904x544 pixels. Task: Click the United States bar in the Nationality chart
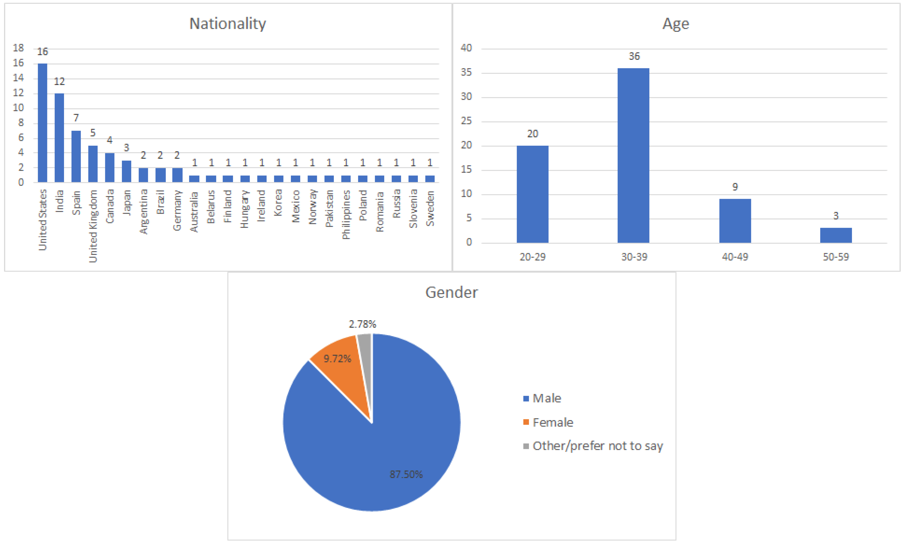tap(42, 123)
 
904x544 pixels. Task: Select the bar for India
tap(59, 138)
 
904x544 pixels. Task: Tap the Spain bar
tap(76, 157)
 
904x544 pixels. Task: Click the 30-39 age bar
tap(633, 156)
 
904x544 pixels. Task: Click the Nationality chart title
tap(227, 24)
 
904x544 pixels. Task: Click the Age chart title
tap(676, 24)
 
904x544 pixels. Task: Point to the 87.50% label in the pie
tap(406, 474)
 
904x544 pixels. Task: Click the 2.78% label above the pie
tap(362, 324)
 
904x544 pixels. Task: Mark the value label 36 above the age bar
tap(634, 56)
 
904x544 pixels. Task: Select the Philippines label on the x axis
tap(346, 215)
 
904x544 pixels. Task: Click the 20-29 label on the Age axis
tap(532, 257)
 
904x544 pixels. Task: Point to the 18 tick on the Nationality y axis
tap(18, 48)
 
